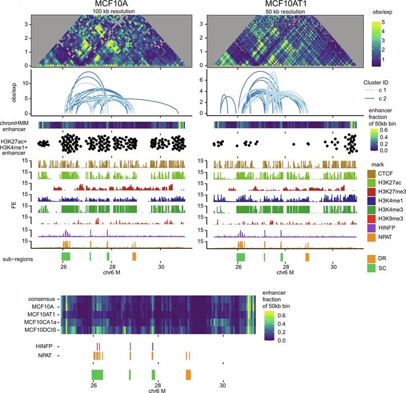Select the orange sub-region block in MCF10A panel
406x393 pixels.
point(134,256)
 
